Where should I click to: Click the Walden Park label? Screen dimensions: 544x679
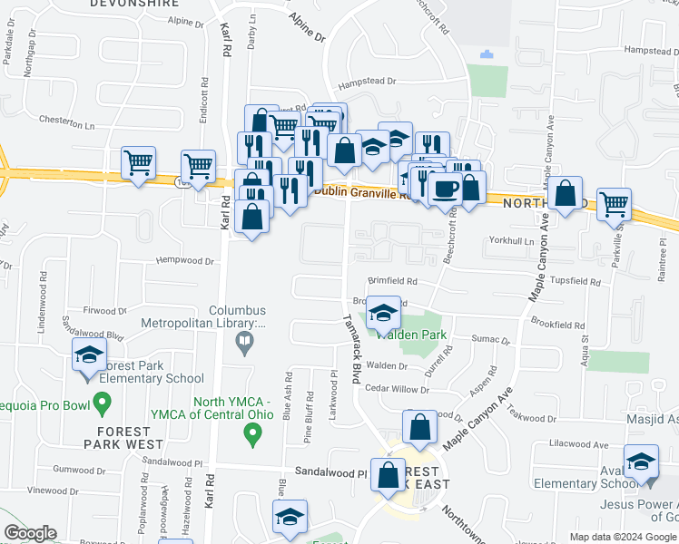pyautogui.click(x=421, y=335)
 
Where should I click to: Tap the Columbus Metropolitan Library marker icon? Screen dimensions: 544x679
pyautogui.click(x=243, y=342)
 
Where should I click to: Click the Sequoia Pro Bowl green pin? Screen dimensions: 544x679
pyautogui.click(x=102, y=400)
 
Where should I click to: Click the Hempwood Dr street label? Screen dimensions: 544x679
pyautogui.click(x=184, y=261)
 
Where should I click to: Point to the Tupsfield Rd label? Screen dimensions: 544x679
pyautogui.click(x=576, y=282)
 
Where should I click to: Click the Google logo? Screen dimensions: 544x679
pyautogui.click(x=30, y=533)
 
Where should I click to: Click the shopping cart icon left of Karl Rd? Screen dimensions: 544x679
pyautogui.click(x=198, y=166)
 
